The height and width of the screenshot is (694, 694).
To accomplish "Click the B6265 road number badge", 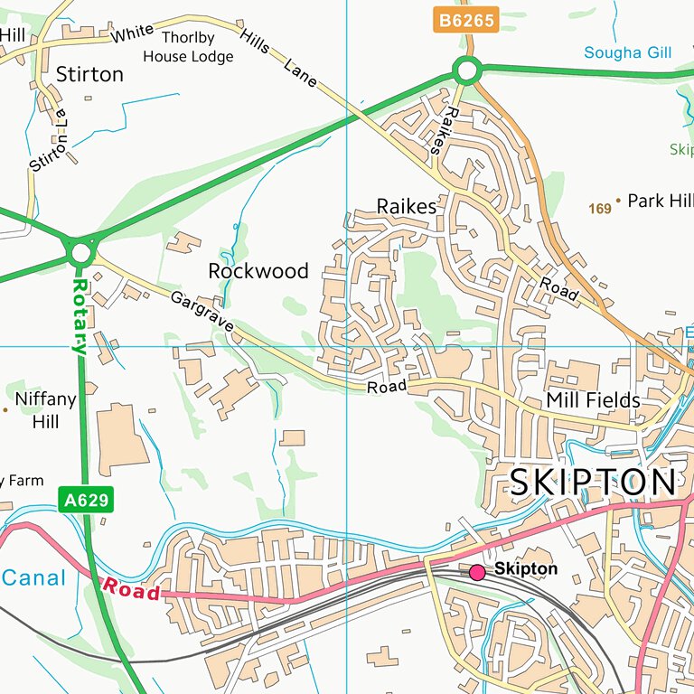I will point(465,21).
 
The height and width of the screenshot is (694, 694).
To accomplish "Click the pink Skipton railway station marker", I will point(477,571).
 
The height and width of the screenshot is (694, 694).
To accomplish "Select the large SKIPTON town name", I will point(592,483).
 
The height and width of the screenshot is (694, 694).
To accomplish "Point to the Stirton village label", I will point(89,74).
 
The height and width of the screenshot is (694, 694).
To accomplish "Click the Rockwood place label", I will point(258,271).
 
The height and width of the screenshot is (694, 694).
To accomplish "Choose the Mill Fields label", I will point(593,400).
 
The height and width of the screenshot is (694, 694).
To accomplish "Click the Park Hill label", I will point(660,201).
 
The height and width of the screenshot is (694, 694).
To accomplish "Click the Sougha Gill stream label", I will point(627,52).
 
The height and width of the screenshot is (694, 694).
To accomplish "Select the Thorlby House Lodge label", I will point(188,47).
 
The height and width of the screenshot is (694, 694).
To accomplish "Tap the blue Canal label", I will point(33,578).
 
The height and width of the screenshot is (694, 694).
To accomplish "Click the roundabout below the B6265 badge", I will point(466,70).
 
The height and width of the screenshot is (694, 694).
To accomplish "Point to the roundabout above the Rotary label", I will point(81,250).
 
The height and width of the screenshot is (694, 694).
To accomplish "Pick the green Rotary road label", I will point(80,315).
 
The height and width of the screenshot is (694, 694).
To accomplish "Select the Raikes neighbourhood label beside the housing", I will point(406,206).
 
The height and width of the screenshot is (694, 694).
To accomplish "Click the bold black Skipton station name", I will point(526,570).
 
